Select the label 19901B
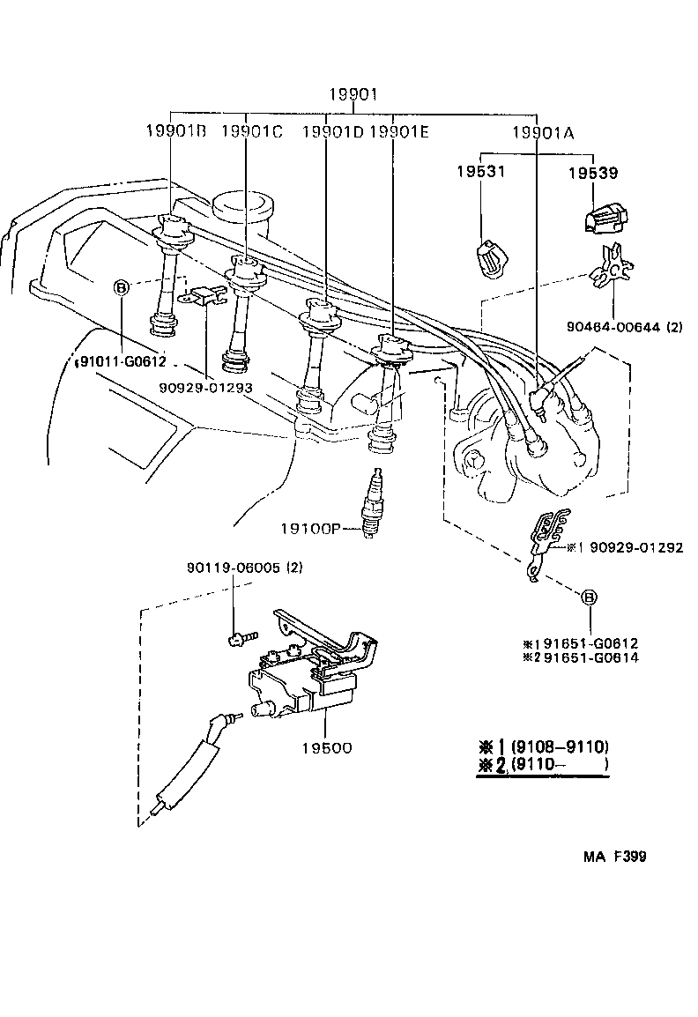click(x=175, y=132)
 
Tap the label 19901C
click(x=251, y=132)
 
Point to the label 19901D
click(x=332, y=132)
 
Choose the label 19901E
click(x=398, y=132)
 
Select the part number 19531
click(x=480, y=171)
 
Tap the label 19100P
click(x=310, y=529)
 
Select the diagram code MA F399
click(x=613, y=856)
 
